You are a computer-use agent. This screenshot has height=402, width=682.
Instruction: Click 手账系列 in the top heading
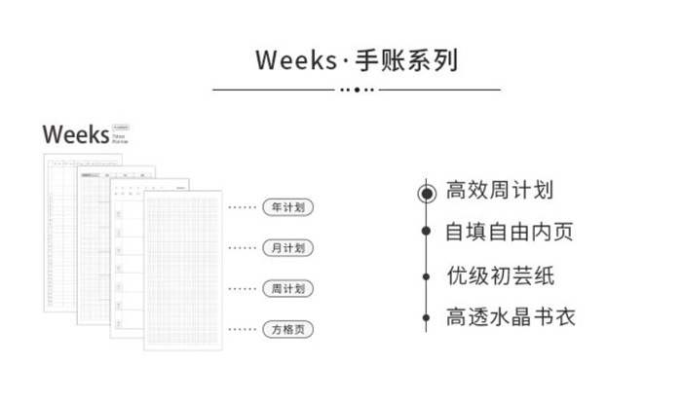click(x=412, y=59)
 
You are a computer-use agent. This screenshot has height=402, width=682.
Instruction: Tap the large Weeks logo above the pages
click(x=75, y=133)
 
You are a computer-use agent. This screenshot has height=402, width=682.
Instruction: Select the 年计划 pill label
click(x=287, y=207)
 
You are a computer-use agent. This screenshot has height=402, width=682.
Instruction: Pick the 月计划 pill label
click(x=287, y=248)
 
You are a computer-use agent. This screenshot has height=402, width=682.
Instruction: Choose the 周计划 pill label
click(x=287, y=289)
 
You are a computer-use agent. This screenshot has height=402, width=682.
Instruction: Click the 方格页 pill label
click(x=287, y=330)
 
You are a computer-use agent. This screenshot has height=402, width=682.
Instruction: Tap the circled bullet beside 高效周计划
click(x=426, y=193)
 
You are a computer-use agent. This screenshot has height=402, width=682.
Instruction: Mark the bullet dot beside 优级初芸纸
click(x=426, y=275)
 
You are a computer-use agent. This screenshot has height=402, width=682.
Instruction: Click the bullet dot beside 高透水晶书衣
click(x=426, y=316)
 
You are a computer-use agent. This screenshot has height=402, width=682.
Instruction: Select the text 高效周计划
click(x=499, y=191)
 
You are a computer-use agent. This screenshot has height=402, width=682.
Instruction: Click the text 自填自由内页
click(x=509, y=233)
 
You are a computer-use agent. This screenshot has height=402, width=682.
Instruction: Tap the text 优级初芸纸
click(x=499, y=275)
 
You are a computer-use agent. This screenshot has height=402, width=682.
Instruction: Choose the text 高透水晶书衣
click(x=510, y=317)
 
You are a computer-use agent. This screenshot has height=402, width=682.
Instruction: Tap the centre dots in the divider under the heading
click(x=357, y=89)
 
